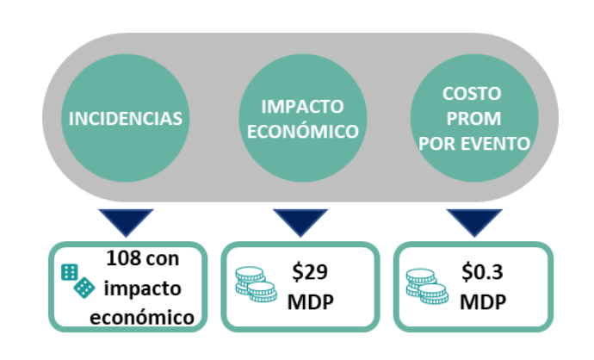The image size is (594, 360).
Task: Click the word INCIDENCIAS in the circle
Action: [x=126, y=119]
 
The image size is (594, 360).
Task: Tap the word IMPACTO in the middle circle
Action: [x=302, y=107]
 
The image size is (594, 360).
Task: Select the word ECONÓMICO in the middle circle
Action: [x=303, y=131]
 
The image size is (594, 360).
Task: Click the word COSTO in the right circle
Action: [x=472, y=94]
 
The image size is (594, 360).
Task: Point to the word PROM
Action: [x=473, y=119]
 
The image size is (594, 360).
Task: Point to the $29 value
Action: [x=310, y=272]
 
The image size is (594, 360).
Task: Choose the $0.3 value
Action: [x=482, y=272]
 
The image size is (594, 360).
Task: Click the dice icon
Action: [x=78, y=281]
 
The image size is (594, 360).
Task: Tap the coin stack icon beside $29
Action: [x=256, y=284]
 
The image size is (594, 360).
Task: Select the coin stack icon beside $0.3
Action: [x=427, y=286]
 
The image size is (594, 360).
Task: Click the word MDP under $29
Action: [x=311, y=302]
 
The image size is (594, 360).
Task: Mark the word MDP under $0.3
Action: [x=483, y=302]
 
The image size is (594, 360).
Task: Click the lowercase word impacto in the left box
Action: [x=142, y=289]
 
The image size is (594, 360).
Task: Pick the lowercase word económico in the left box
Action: [x=142, y=317]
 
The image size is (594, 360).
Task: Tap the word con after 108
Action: [x=163, y=259]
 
